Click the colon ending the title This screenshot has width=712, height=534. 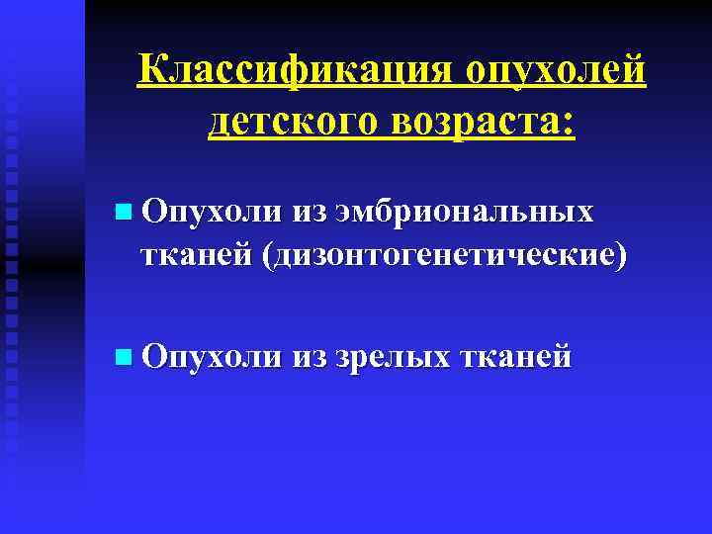click(568, 125)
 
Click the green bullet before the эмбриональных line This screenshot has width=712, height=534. click(121, 211)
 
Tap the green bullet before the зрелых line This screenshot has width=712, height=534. click(121, 354)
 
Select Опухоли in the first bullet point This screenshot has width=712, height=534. click(210, 211)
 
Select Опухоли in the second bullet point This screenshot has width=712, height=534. click(210, 354)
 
